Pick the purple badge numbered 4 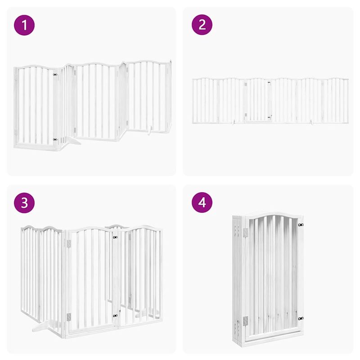[202, 202]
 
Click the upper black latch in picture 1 [55, 75]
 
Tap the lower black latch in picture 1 [55, 140]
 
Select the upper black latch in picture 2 [269, 82]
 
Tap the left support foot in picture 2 [234, 121]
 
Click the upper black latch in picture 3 [116, 237]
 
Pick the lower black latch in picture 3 [116, 316]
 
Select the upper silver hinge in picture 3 [68, 243]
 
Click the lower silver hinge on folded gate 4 [245, 321]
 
